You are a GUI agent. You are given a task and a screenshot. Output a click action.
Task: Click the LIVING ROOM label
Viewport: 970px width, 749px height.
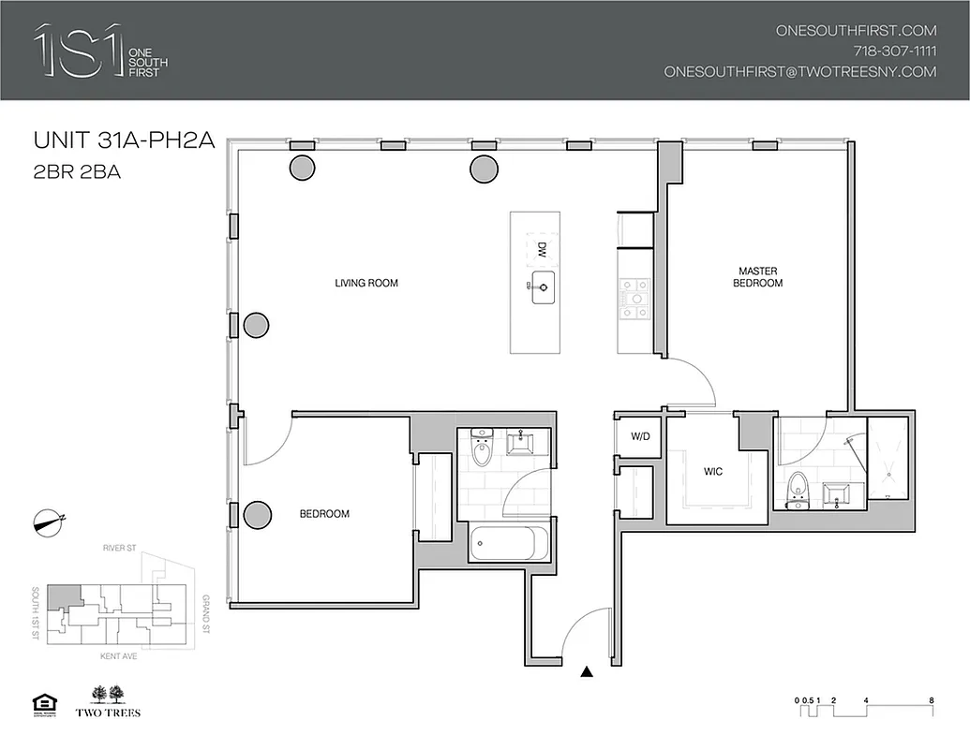366,283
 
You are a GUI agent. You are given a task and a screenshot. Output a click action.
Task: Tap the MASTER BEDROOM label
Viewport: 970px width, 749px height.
759,277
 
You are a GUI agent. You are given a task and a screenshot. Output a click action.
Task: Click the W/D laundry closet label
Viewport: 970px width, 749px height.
640,436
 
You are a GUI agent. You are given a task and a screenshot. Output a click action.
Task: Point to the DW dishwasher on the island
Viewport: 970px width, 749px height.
541,250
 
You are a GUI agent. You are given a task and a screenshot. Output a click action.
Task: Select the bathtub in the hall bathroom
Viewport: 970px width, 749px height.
507,543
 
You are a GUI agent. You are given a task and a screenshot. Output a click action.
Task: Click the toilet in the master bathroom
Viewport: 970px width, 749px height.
798,488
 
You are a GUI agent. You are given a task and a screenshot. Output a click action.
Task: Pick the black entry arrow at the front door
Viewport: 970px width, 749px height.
587,670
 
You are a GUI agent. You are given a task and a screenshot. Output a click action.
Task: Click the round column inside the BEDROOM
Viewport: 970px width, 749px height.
257,514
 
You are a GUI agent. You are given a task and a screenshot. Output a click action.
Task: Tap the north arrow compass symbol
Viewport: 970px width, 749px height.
48,522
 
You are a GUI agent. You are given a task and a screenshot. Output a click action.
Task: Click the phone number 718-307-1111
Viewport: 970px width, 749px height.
894,51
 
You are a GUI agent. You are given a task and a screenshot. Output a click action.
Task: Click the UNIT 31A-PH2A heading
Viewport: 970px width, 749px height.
125,141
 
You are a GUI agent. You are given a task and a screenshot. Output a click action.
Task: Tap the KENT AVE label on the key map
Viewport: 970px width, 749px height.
121,657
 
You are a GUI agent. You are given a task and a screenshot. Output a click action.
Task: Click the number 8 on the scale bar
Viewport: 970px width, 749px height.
931,700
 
